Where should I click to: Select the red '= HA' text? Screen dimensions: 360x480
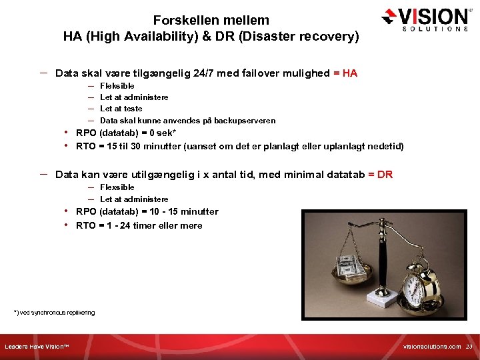tap(345, 73)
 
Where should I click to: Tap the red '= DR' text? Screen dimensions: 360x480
tap(380, 175)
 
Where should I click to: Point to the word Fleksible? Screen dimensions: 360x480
tap(117, 86)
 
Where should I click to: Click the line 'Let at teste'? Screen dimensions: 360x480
tap(121, 109)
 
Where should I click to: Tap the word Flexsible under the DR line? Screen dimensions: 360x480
tap(117, 187)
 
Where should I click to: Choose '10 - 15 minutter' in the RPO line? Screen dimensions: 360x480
tap(185, 212)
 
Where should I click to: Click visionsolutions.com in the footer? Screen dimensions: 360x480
tap(432, 347)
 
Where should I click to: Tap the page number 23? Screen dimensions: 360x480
tap(469, 347)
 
